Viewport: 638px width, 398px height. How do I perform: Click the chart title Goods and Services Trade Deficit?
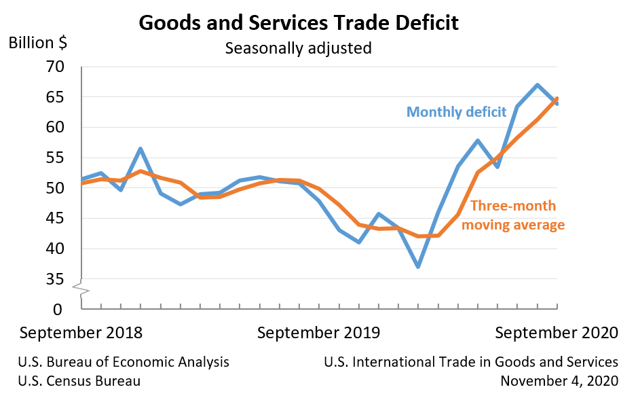coord(299,22)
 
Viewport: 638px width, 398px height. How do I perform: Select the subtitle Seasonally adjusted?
coord(299,49)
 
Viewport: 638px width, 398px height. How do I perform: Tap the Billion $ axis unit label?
coord(37,42)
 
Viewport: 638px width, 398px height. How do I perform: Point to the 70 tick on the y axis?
coord(54,67)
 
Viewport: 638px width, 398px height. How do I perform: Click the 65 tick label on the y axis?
coord(54,97)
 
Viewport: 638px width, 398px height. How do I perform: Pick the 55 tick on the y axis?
coord(54,158)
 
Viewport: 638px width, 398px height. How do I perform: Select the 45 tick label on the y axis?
coord(54,219)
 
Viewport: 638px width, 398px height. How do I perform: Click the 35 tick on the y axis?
coord(54,279)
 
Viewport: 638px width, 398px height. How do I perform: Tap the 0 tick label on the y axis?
coord(58,309)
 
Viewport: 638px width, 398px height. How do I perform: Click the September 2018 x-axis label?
coord(81,333)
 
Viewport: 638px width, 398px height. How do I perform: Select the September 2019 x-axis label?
coord(319,333)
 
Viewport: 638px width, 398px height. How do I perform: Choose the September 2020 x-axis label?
coord(557,333)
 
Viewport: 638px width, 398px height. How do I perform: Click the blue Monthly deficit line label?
coord(457,112)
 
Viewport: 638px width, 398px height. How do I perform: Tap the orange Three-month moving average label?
coord(513,215)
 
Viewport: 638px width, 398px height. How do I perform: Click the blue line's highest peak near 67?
coord(537,85)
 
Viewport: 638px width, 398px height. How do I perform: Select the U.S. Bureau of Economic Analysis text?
coord(124,362)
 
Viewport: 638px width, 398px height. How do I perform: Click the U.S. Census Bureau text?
coord(80,381)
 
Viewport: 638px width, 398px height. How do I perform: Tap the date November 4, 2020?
coord(559,381)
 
